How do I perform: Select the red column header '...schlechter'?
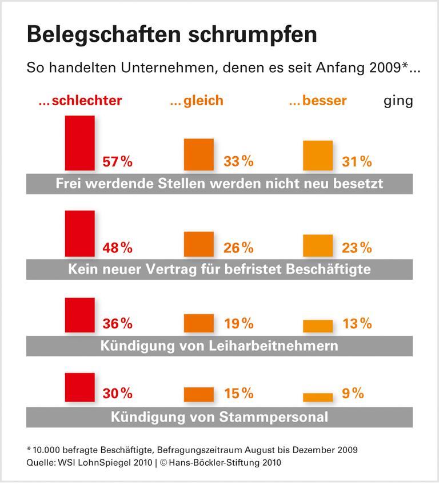(80, 101)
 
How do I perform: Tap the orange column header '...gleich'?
(196, 101)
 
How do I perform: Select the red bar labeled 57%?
(80, 143)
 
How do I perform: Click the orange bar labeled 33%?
(198, 154)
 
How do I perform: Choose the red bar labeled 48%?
(80, 233)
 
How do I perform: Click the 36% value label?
(117, 324)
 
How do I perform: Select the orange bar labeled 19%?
(198, 323)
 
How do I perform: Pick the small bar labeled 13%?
(317, 326)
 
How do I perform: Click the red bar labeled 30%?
(80, 387)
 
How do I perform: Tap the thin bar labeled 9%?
(317, 397)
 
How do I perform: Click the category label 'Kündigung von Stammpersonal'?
(219, 416)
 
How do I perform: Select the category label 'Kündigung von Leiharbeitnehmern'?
(219, 346)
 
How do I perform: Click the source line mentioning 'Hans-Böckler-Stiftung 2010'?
(154, 462)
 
